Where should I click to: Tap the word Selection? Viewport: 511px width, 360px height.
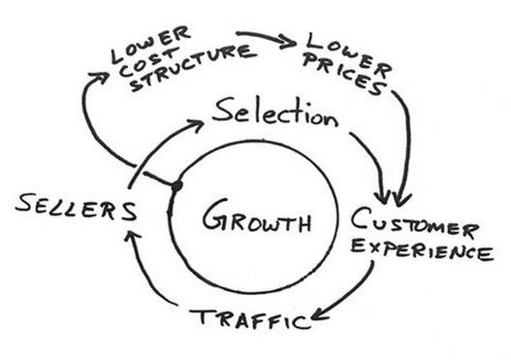pos(275,114)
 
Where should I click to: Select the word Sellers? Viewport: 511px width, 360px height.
pos(76,207)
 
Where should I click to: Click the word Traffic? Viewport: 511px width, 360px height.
pos(250,318)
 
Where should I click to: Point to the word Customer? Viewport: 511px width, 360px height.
pos(415,223)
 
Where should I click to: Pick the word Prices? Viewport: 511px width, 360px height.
pos(345,75)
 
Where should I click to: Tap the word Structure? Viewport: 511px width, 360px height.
pos(192,67)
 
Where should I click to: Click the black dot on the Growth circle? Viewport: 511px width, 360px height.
pos(176,186)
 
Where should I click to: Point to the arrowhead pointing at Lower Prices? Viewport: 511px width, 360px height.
pos(289,43)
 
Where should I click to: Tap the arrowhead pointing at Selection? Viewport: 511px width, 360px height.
pos(196,125)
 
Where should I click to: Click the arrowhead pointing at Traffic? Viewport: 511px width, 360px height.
pos(319,314)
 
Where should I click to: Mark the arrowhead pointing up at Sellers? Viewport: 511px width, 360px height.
pos(132,236)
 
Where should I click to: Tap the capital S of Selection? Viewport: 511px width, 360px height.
pos(223,110)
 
